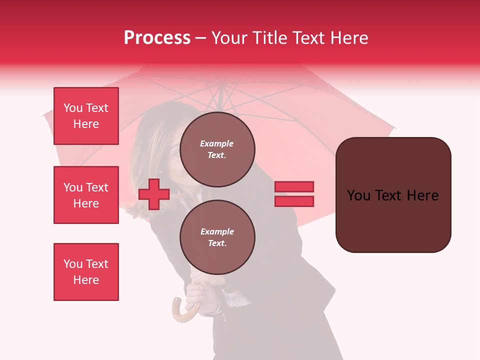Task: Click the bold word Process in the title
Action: click(157, 38)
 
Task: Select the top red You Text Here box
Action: click(86, 116)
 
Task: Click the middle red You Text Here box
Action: click(86, 195)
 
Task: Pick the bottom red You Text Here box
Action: click(86, 272)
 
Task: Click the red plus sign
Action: click(154, 194)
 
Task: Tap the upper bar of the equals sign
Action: click(294, 186)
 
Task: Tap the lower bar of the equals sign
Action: click(294, 201)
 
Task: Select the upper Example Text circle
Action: click(217, 149)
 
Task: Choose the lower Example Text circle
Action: click(217, 237)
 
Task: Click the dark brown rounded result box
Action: click(393, 194)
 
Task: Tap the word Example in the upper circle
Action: click(216, 143)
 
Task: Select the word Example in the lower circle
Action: click(217, 231)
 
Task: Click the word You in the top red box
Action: click(73, 108)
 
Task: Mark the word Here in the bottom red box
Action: click(86, 280)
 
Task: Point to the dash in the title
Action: click(200, 38)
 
